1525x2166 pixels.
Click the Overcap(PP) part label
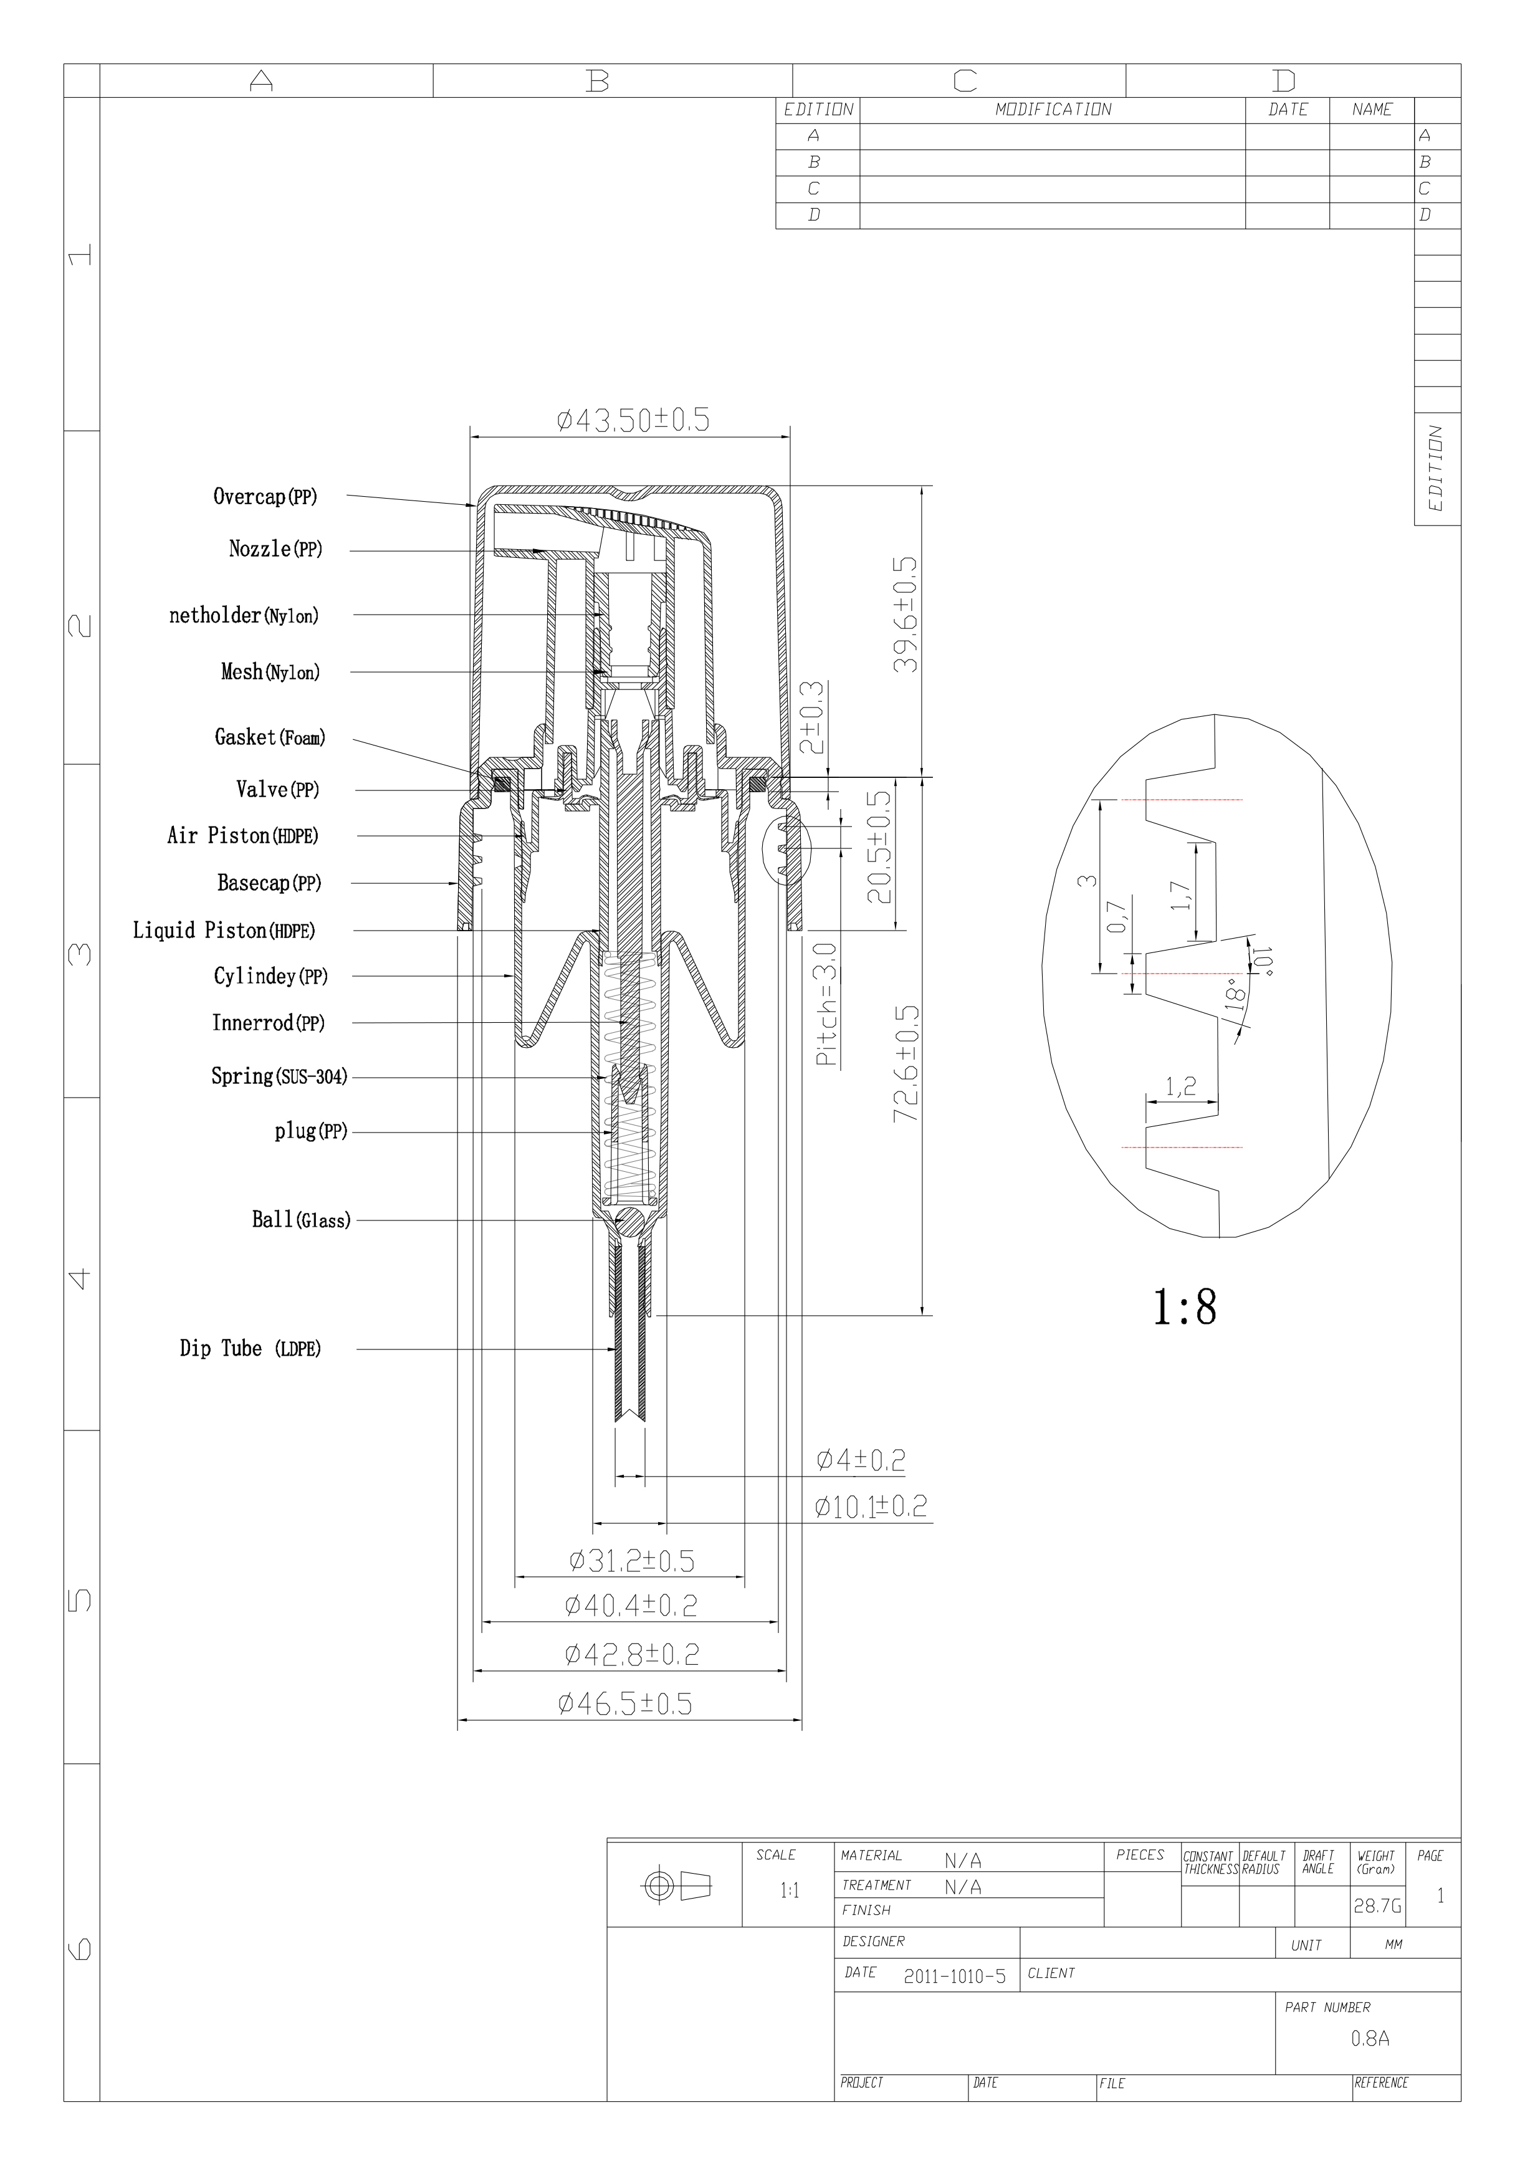click(265, 496)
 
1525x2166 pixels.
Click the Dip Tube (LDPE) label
click(250, 1348)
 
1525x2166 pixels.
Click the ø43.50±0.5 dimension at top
click(633, 420)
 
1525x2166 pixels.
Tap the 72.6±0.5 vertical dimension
click(906, 1063)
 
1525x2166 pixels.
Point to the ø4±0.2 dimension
click(860, 1460)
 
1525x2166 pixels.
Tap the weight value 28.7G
click(1377, 1905)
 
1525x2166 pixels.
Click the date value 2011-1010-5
click(954, 1977)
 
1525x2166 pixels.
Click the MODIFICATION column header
click(1053, 110)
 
